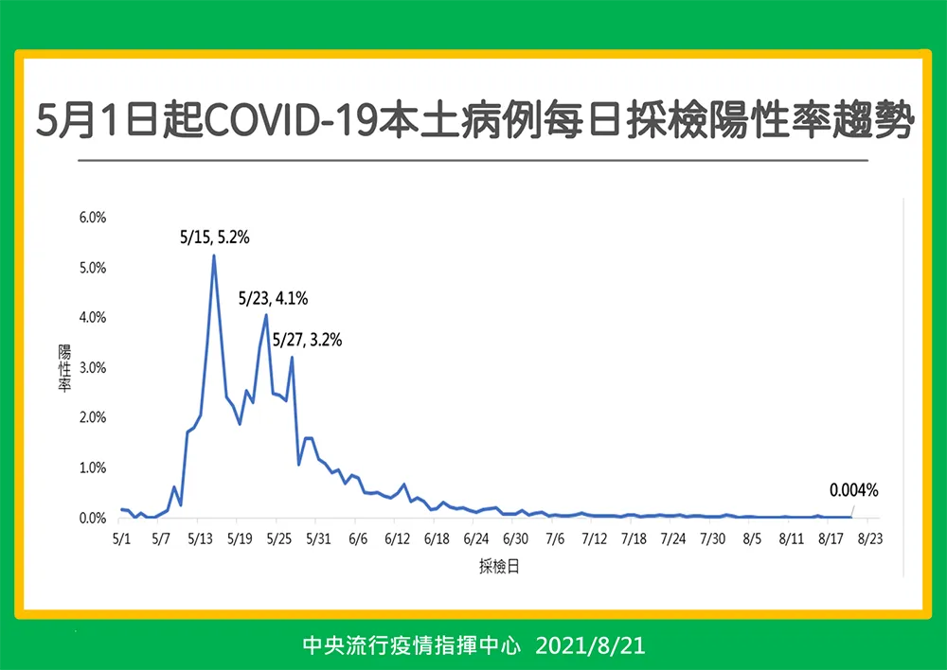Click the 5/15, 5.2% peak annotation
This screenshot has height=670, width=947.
pos(214,238)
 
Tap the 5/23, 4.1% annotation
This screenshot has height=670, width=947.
pos(273,298)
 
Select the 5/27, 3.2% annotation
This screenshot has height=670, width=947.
pos(308,340)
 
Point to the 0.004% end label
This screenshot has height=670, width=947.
pos(853,490)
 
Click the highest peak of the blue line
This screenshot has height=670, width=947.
pos(214,256)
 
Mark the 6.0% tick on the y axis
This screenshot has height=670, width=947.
pos(93,218)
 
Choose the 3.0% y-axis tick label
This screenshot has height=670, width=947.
pos(93,367)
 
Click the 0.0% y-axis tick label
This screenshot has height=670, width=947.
pos(93,518)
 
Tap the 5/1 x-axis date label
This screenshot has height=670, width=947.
pos(121,538)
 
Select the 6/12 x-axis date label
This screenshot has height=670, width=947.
pos(398,538)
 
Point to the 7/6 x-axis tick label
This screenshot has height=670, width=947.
pos(555,538)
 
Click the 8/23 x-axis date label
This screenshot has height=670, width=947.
pos(870,538)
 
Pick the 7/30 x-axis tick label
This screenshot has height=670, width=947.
pos(713,538)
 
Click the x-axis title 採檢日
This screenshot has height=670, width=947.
pos(499,566)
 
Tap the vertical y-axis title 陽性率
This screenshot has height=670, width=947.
pos(64,367)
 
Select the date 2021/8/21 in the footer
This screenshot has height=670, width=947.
pos(590,645)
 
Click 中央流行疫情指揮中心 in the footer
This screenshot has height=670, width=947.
pos(411,645)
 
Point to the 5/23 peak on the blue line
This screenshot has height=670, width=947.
pos(266,314)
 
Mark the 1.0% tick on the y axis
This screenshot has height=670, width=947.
pos(93,467)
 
